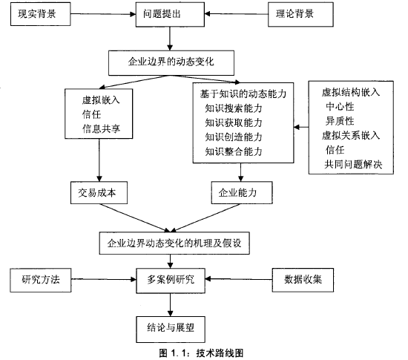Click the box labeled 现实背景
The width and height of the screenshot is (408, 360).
40,14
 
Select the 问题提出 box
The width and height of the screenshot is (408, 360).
170,14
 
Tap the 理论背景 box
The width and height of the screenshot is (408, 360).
300,14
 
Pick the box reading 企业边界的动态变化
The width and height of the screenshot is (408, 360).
171,63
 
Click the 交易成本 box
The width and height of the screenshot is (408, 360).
99,193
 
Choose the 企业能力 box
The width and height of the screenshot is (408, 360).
242,193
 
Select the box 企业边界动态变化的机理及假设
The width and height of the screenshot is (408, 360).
174,243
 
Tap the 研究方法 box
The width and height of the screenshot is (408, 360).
41,280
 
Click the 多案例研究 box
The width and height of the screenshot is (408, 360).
171,281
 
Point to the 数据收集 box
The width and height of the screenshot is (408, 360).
303,280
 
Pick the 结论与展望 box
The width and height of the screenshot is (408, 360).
171,330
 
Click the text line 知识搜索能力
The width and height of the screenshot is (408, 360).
234,108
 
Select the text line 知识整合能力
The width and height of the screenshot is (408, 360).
234,151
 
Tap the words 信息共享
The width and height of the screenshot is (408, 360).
101,128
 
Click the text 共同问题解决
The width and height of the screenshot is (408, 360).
353,164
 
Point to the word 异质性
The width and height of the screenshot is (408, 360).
340,121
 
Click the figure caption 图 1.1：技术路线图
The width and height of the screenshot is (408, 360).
201,353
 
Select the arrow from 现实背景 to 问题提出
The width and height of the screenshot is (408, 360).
103,14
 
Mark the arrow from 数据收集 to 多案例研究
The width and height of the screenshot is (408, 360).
239,279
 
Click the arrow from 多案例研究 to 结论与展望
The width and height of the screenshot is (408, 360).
170,305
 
